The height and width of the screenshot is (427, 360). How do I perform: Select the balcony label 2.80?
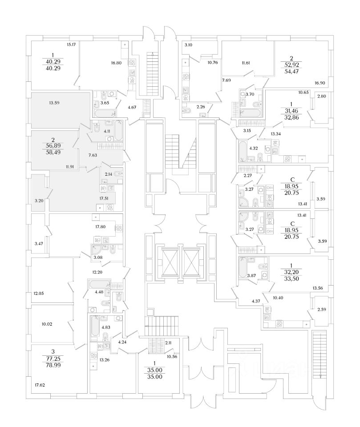coord(321,96)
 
